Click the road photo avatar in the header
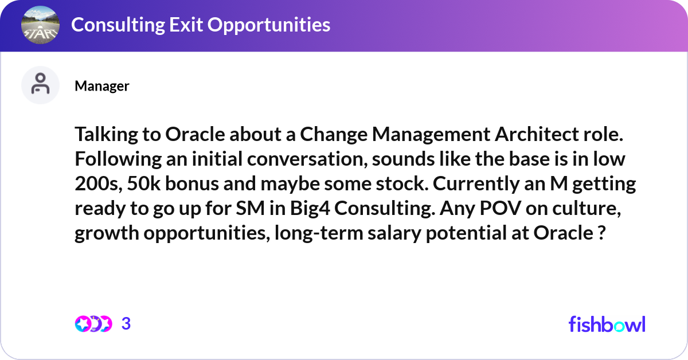pyautogui.click(x=40, y=26)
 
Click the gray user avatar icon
pyautogui.click(x=40, y=85)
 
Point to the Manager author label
pyautogui.click(x=102, y=86)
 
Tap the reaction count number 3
pyautogui.click(x=126, y=324)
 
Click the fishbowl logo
pyautogui.click(x=607, y=324)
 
